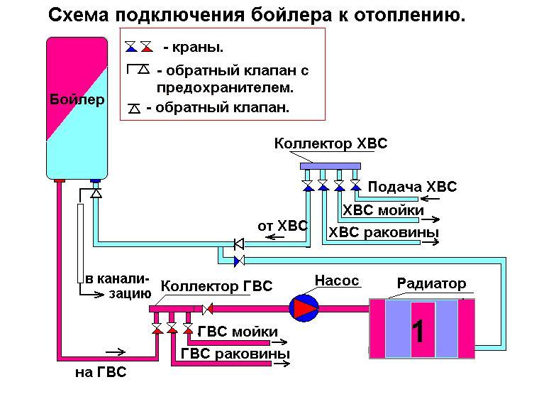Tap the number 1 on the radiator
[x=419, y=331]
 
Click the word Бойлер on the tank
[x=77, y=99]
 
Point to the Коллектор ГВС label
[x=217, y=287]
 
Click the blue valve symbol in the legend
[x=131, y=48]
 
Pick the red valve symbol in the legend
[x=146, y=48]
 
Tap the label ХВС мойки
[x=384, y=210]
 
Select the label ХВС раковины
[x=383, y=233]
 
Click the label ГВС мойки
[x=238, y=331]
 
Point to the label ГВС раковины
[x=235, y=354]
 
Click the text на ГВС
[x=100, y=372]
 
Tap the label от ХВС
[x=282, y=226]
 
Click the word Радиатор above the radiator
[x=431, y=284]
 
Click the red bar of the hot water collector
[x=171, y=308]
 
